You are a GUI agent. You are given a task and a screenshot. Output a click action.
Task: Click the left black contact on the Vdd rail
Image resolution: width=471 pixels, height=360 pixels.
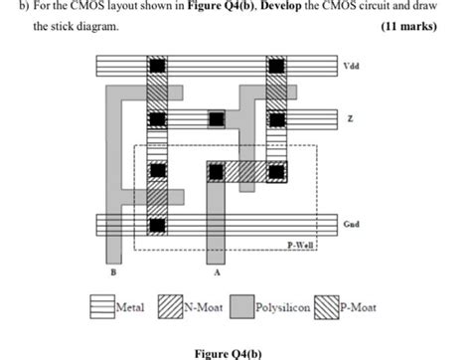[x=156, y=67]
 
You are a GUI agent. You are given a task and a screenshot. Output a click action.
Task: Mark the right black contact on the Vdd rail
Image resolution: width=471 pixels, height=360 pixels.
[x=275, y=67]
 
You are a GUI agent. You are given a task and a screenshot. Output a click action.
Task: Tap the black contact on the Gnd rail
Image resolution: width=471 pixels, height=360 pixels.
[x=156, y=225]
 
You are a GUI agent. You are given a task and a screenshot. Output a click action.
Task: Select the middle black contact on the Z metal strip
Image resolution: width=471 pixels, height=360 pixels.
[x=216, y=119]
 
